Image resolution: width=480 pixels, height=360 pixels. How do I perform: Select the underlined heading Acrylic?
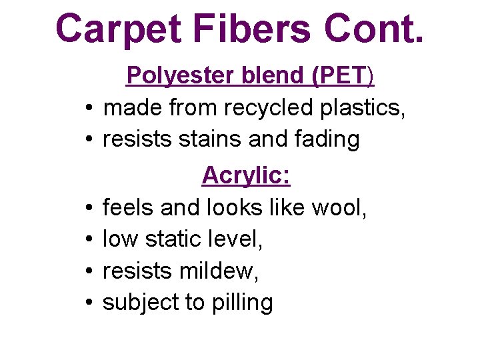coord(246,176)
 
